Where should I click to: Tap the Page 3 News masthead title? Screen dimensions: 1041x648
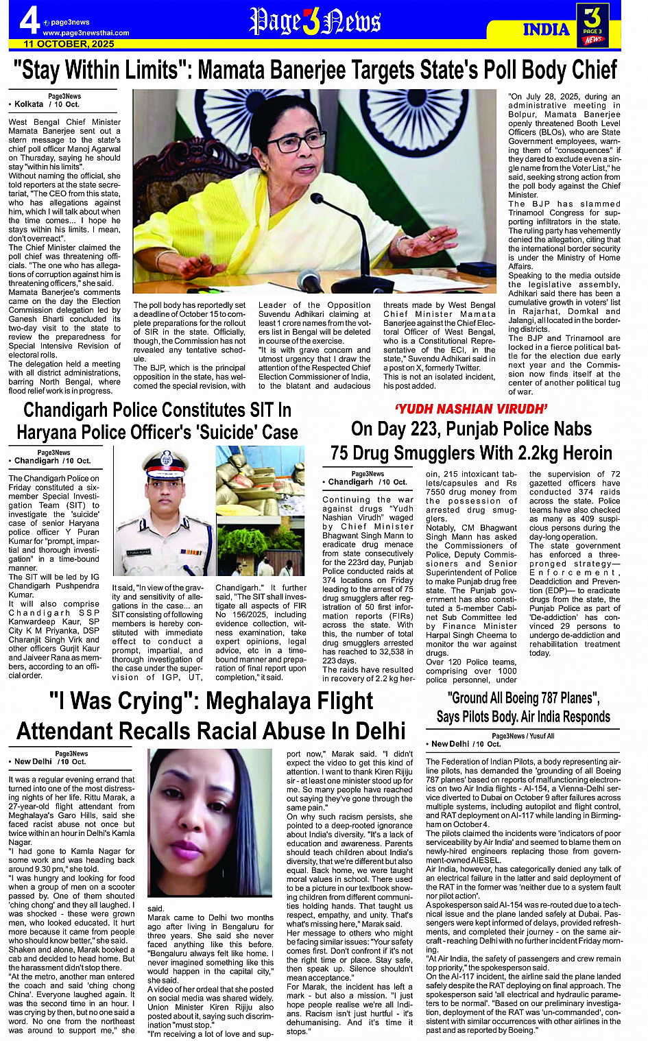[x=315, y=22]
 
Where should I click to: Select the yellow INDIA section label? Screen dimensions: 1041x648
[x=546, y=29]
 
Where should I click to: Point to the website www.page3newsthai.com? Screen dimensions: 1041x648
[x=86, y=33]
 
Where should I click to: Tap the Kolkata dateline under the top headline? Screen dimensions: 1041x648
[x=29, y=104]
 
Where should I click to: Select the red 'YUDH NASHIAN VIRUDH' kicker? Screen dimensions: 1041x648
[x=471, y=409]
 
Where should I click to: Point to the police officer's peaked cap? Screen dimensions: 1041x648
[x=164, y=460]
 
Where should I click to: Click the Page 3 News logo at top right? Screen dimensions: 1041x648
[x=592, y=25]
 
